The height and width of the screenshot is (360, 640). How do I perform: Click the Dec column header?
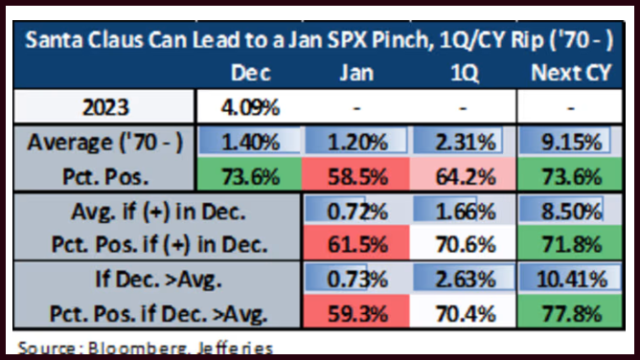(251, 74)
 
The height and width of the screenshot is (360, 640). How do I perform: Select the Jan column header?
(356, 74)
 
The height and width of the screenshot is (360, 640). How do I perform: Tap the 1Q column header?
(465, 74)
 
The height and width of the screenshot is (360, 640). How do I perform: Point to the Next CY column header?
(571, 74)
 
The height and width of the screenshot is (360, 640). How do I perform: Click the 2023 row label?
(105, 107)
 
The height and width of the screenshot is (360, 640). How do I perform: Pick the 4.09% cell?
(250, 107)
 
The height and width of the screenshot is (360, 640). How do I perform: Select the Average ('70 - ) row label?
(104, 143)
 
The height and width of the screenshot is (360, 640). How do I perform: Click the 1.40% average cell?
(250, 143)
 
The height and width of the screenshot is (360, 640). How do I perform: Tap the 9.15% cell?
(571, 143)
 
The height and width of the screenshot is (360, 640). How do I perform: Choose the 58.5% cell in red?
(357, 177)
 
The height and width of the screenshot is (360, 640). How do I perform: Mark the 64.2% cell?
(466, 177)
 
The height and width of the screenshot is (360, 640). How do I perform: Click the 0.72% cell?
(357, 212)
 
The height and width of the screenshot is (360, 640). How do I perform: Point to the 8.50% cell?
(571, 212)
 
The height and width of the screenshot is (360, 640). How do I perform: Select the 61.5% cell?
(357, 244)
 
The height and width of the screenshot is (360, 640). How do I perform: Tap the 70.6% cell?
(466, 244)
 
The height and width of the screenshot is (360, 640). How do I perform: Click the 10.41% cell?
(571, 280)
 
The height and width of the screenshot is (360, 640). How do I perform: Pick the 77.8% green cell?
(571, 314)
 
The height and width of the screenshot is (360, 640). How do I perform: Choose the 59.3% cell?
(357, 314)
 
